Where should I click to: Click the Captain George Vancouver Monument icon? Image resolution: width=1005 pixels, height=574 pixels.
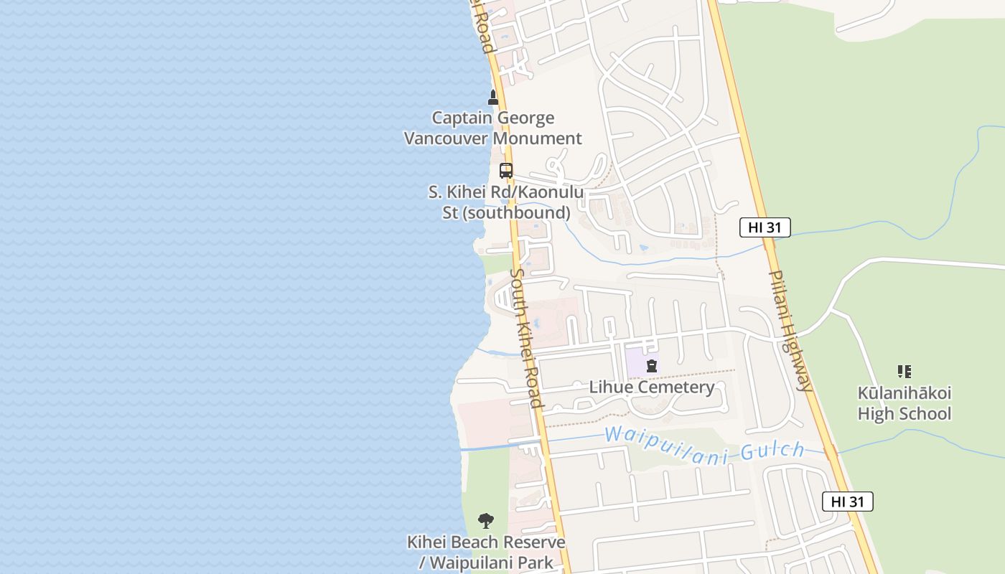[x=493, y=98]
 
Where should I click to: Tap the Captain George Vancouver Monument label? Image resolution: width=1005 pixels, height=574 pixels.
[x=492, y=128]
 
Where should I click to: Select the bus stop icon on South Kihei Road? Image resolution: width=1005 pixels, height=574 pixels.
[x=506, y=171]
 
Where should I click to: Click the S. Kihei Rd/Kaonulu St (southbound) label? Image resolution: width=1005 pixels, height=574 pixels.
[x=506, y=202]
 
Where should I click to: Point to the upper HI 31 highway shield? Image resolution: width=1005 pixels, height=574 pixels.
[x=765, y=227]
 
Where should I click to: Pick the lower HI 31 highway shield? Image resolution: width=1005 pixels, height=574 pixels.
[x=847, y=502]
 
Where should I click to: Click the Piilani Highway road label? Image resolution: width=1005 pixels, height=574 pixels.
[x=791, y=330]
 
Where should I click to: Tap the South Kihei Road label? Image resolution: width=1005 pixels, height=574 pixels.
[x=526, y=337]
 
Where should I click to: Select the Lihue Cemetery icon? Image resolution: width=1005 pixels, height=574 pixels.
[x=651, y=366]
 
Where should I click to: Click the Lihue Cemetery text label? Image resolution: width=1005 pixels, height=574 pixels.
[x=651, y=387]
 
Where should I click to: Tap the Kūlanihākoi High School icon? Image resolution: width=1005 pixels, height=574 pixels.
[x=904, y=372]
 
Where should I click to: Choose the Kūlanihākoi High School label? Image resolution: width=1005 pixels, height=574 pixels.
[x=904, y=403]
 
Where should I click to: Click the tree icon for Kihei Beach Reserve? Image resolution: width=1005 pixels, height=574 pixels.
[x=486, y=521]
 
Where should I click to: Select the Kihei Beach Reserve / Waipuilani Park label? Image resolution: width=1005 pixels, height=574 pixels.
[x=486, y=552]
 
